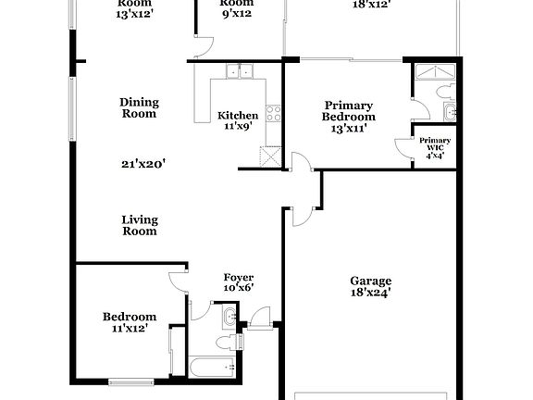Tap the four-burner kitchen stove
point(274,114)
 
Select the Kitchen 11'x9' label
point(238,121)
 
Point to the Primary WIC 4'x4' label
point(433,147)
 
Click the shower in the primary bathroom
point(429,73)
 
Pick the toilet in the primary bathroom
point(446,91)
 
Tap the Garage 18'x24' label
point(370,287)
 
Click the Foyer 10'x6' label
point(239,283)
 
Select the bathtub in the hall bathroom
point(211,369)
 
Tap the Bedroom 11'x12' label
point(129,321)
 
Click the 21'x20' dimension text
point(143,164)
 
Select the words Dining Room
point(139,108)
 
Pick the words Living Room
point(140,225)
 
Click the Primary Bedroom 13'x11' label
point(348,111)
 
